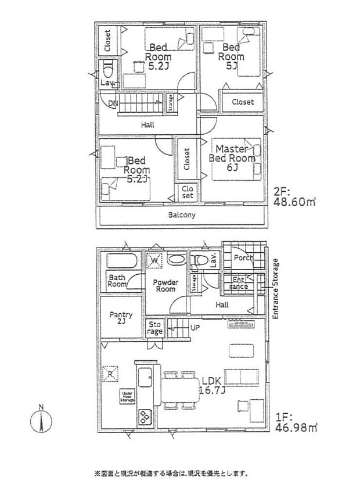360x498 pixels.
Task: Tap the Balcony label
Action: click(182, 214)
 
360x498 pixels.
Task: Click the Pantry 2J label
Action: click(121, 318)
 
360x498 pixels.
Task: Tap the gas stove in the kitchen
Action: click(143, 417)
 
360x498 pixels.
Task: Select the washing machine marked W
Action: click(154, 261)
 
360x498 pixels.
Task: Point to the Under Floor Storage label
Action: click(128, 396)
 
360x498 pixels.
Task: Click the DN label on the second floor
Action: click(113, 103)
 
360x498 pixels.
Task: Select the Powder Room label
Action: click(165, 285)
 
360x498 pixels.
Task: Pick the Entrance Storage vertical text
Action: click(276, 288)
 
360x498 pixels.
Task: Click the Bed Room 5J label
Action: click(231, 57)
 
